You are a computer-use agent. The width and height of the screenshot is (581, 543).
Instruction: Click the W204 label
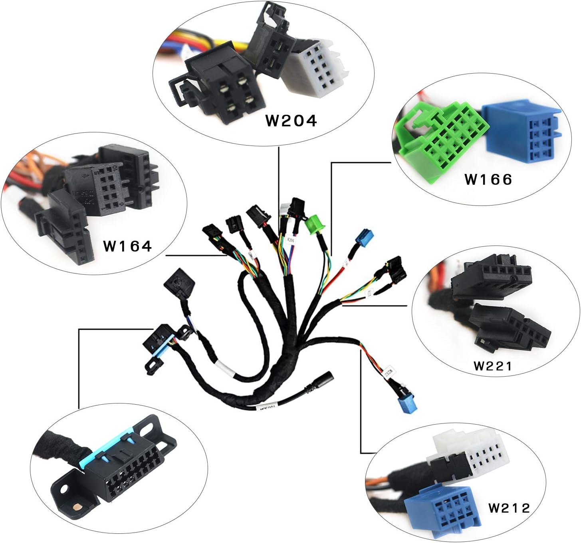pyautogui.click(x=291, y=120)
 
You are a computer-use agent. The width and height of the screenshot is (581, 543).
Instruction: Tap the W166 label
pyautogui.click(x=488, y=180)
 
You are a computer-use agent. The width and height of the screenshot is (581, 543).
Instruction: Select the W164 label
pyautogui.click(x=127, y=246)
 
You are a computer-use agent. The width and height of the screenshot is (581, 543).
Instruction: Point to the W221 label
pyautogui.click(x=492, y=365)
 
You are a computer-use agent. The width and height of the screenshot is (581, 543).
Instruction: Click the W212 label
pyautogui.click(x=509, y=508)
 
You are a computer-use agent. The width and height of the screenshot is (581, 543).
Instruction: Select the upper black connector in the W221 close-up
pyautogui.click(x=491, y=280)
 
